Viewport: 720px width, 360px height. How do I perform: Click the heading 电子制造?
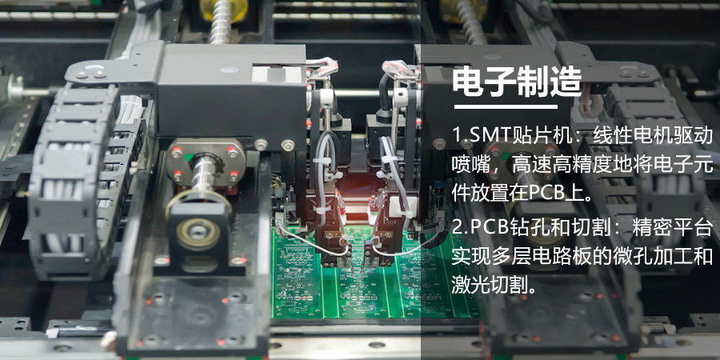point(516,82)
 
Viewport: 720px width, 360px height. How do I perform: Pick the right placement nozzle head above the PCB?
point(384,232)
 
